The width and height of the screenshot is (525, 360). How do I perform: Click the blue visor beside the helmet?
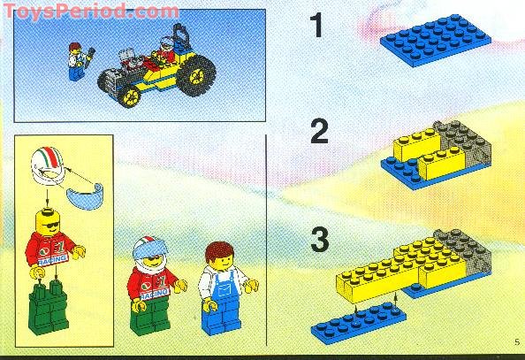[x=71, y=195]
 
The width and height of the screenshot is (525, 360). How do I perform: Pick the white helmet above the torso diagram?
[x=49, y=169]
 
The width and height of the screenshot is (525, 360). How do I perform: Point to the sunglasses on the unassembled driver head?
[x=49, y=222]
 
